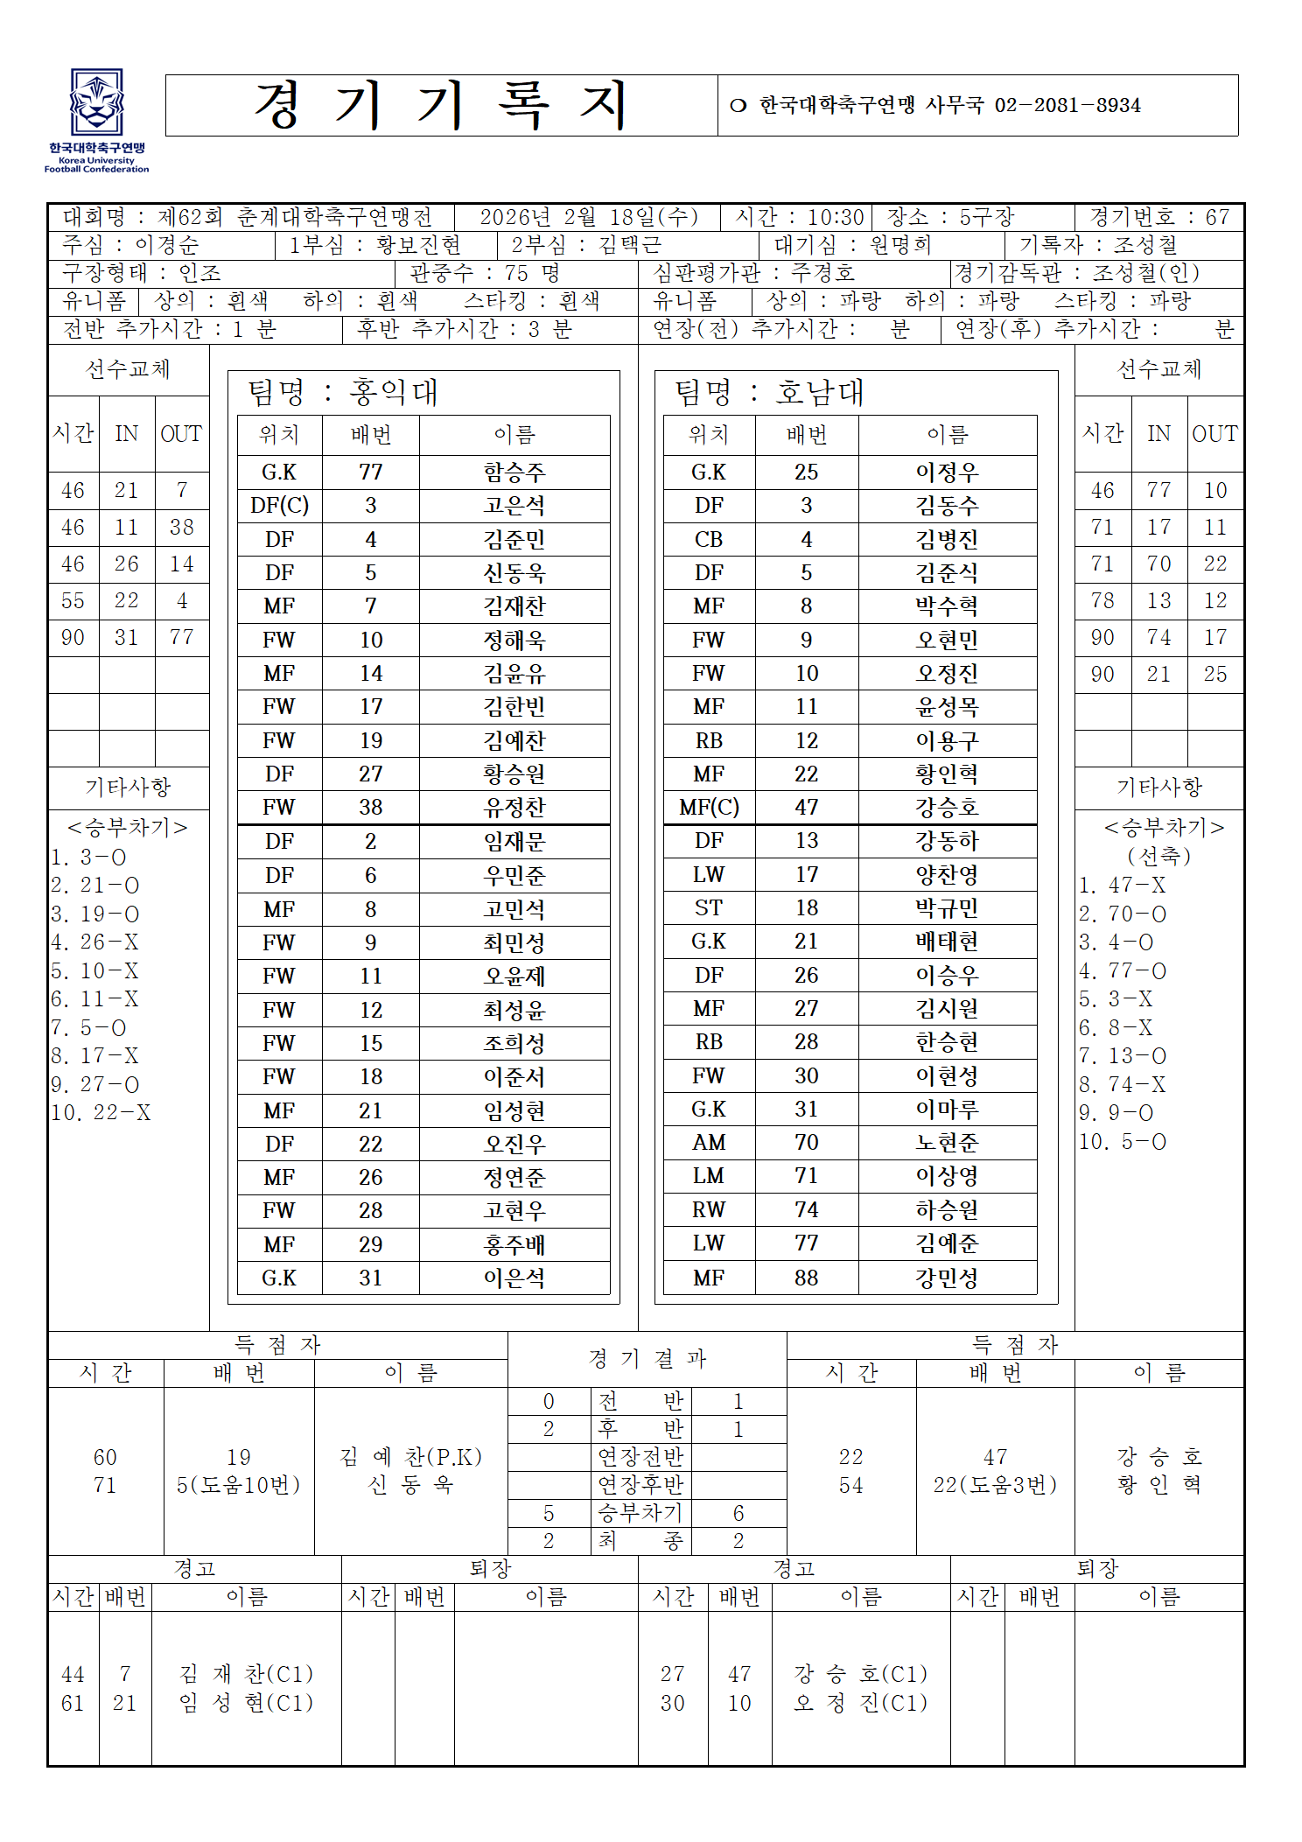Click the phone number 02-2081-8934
[1067, 106]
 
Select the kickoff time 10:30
[835, 217]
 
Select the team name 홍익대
[393, 392]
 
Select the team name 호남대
[820, 392]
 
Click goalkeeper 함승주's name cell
[514, 473]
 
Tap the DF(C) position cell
[279, 506]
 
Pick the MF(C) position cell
[709, 807]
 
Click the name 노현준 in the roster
[947, 1143]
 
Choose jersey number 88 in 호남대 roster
[806, 1278]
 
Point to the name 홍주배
[514, 1244]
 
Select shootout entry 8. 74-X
[1123, 1085]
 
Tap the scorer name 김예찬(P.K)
[410, 1457]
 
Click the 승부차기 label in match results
[640, 1513]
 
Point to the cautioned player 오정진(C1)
[860, 1703]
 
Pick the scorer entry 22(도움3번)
[995, 1485]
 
